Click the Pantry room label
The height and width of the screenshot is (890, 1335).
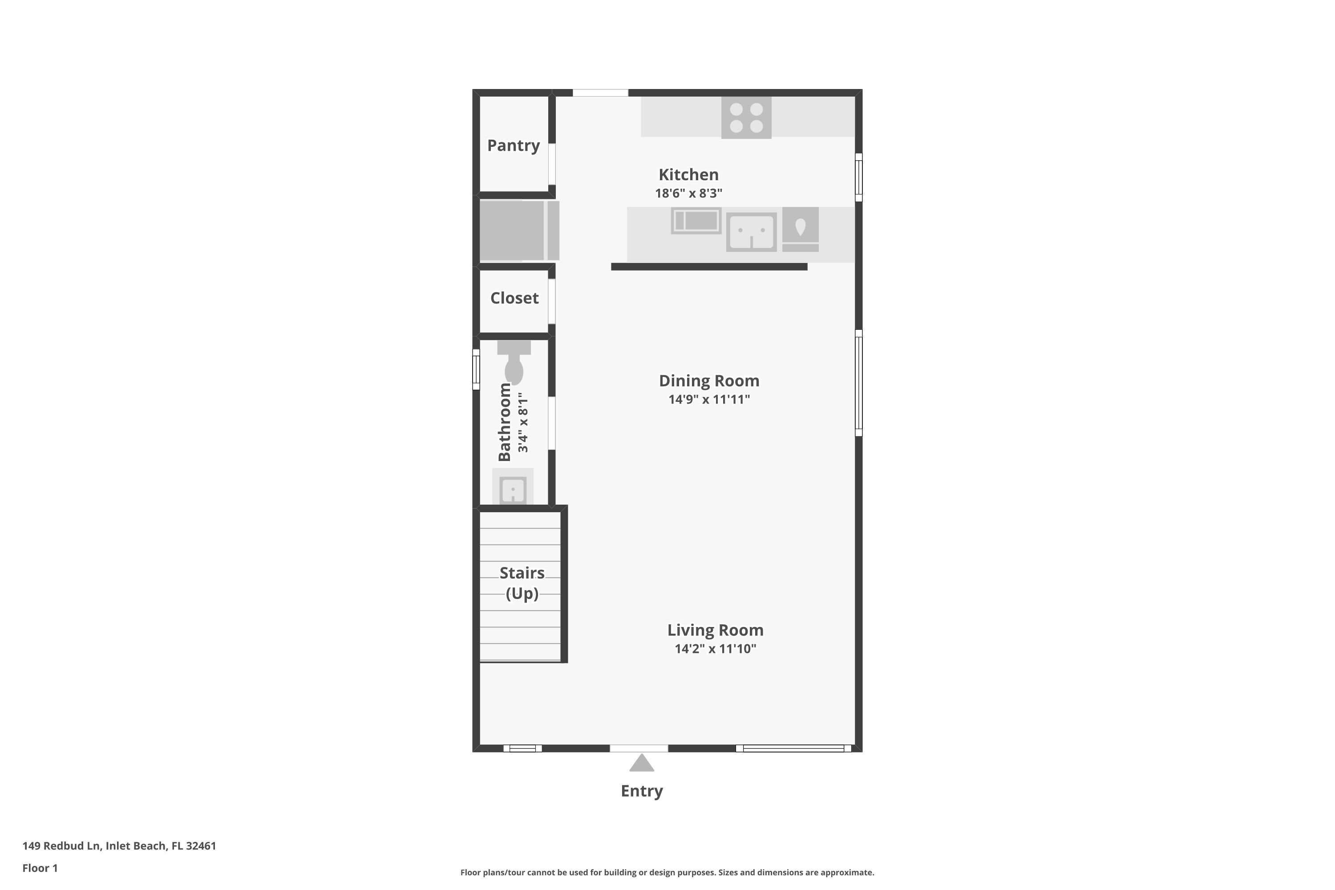tap(513, 146)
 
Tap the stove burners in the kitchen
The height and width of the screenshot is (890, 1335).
tap(746, 117)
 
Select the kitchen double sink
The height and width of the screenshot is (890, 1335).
tap(751, 231)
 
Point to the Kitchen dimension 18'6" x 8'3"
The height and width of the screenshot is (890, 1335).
tap(688, 193)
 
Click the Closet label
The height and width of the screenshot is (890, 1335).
tap(514, 298)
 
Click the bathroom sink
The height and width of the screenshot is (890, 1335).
tap(513, 489)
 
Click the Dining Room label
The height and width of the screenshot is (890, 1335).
tap(709, 381)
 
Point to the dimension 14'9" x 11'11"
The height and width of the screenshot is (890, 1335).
tap(709, 399)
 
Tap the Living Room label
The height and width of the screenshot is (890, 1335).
tap(715, 630)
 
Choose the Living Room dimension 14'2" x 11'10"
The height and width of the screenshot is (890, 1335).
tap(715, 649)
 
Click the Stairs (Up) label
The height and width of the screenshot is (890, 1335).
tap(522, 583)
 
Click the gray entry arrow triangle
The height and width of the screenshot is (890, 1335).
tap(641, 764)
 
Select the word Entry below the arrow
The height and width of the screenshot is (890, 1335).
tap(641, 791)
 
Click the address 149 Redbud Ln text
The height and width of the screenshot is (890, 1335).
tap(119, 846)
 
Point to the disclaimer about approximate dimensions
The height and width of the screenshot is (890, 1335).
tap(667, 872)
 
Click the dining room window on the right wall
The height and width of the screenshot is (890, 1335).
tap(858, 383)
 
